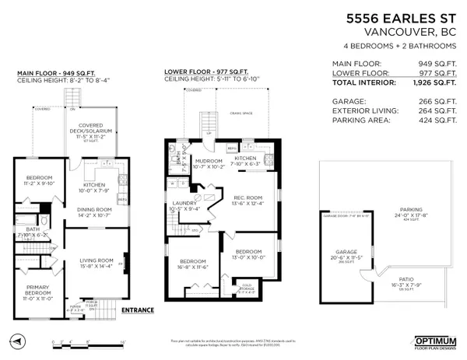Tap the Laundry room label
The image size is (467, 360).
click(184, 205)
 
